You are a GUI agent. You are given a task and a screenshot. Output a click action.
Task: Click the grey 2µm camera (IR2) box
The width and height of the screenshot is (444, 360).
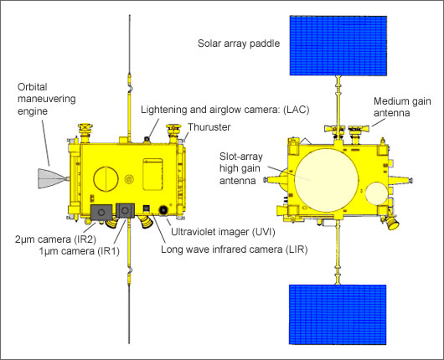click(x=102, y=211)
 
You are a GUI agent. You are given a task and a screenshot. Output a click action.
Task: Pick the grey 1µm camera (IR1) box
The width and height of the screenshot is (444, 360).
click(x=126, y=210)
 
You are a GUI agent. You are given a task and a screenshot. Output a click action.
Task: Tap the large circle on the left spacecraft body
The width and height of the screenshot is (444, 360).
click(x=106, y=179)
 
